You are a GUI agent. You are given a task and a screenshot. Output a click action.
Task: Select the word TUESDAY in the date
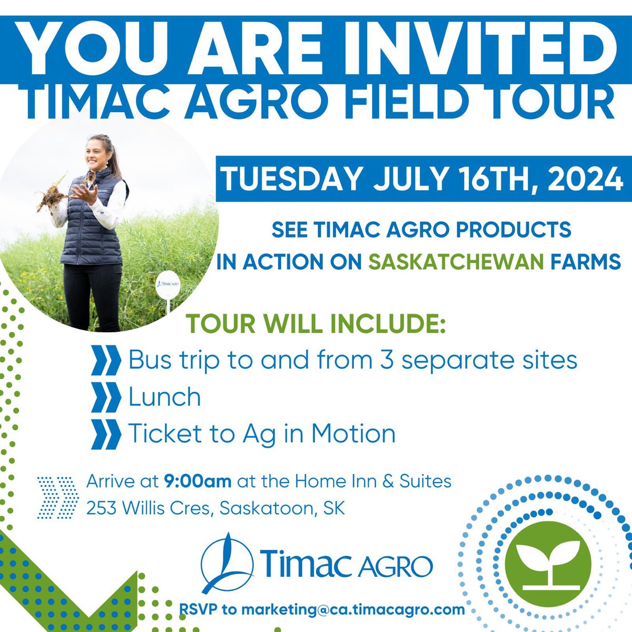click(x=292, y=180)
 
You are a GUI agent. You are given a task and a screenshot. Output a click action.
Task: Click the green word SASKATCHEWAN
click(x=461, y=261)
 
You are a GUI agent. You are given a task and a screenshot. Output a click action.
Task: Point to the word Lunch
click(x=165, y=397)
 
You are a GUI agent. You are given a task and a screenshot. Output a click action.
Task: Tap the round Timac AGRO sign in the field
click(x=167, y=287)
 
